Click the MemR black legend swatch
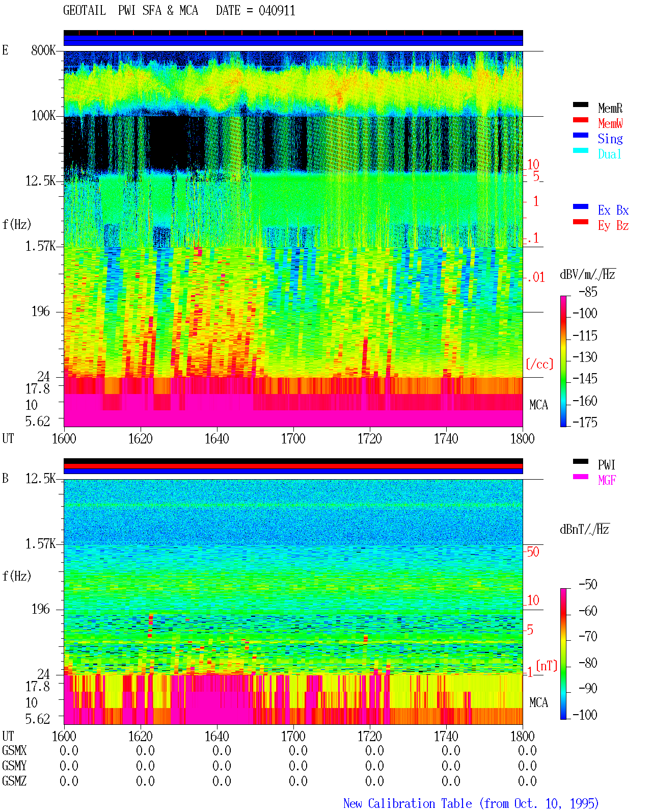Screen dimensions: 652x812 pyautogui.click(x=580, y=104)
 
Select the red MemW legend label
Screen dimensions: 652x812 pyautogui.click(x=610, y=123)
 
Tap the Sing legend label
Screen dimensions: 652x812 pyautogui.click(x=610, y=139)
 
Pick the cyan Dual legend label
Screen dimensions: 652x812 pyautogui.click(x=609, y=154)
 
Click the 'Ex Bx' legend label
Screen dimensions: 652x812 pyautogui.click(x=613, y=210)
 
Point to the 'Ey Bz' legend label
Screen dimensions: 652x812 pyautogui.click(x=613, y=226)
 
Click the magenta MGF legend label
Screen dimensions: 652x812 pyautogui.click(x=607, y=480)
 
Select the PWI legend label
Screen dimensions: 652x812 pyautogui.click(x=606, y=465)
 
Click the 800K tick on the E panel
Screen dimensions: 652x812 pyautogui.click(x=43, y=50)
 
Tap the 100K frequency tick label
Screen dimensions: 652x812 pyautogui.click(x=43, y=116)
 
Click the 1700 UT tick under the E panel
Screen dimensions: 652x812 pyautogui.click(x=293, y=439)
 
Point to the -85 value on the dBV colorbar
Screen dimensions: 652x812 pyautogui.click(x=588, y=292)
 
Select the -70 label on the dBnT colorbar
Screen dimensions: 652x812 pyautogui.click(x=588, y=637)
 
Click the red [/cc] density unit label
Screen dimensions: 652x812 pyautogui.click(x=539, y=364)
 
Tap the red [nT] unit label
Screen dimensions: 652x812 pyautogui.click(x=547, y=666)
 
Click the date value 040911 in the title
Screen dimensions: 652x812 pyautogui.click(x=277, y=11)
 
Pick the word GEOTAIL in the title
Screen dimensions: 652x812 pyautogui.click(x=85, y=11)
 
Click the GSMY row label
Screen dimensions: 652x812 pyautogui.click(x=14, y=766)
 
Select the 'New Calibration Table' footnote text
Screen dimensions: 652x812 pyautogui.click(x=407, y=803)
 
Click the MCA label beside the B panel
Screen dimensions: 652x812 pyautogui.click(x=538, y=702)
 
